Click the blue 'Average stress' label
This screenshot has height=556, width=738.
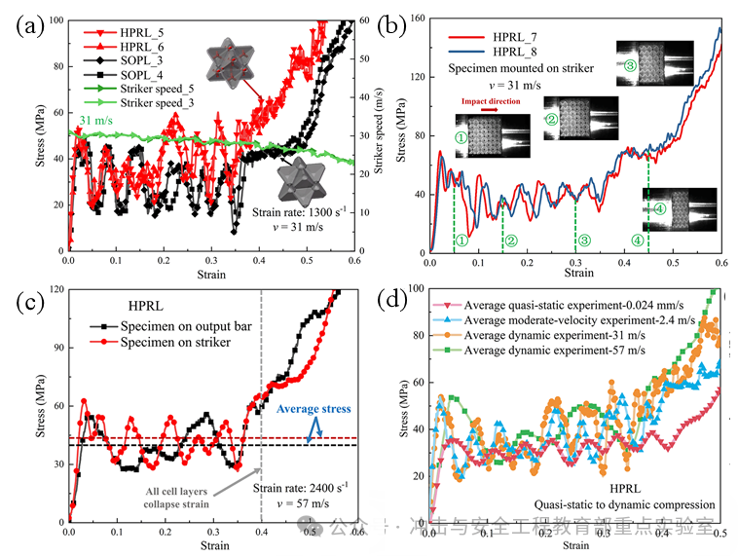314,409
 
